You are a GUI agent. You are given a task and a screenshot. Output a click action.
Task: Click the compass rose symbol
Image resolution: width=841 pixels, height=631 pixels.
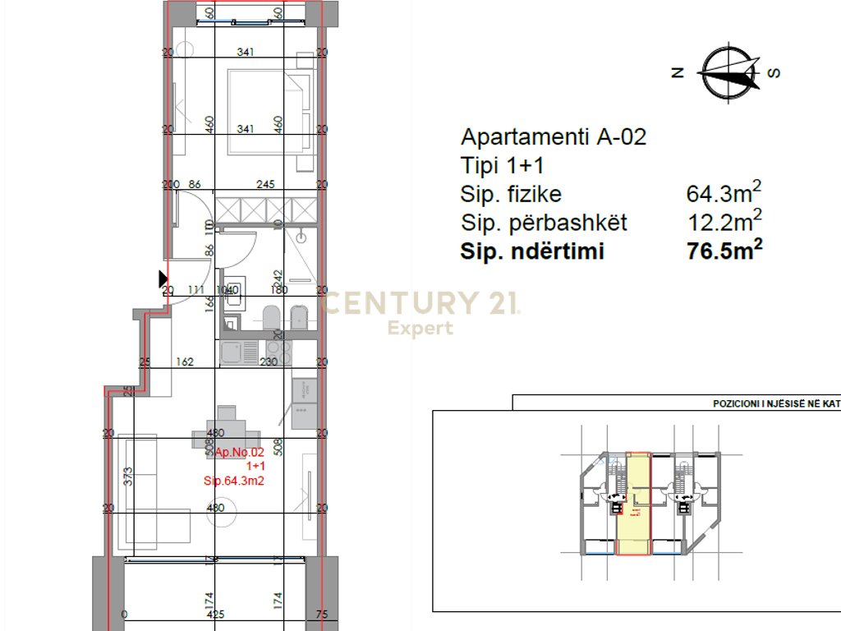pyautogui.click(x=728, y=72)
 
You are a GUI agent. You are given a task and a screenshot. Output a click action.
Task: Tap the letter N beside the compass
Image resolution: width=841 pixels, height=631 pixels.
pyautogui.click(x=678, y=72)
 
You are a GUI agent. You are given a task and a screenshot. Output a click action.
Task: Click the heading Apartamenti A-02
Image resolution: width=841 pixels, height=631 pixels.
pyautogui.click(x=554, y=136)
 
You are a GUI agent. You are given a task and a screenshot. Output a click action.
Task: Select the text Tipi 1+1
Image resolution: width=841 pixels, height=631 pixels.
pyautogui.click(x=503, y=165)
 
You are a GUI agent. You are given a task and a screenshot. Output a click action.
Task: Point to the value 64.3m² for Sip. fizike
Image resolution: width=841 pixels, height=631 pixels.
pyautogui.click(x=724, y=194)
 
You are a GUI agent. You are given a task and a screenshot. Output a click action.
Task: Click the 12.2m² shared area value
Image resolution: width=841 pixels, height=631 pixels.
pyautogui.click(x=724, y=222)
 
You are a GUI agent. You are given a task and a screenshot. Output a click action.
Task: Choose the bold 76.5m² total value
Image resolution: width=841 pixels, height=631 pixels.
pyautogui.click(x=724, y=251)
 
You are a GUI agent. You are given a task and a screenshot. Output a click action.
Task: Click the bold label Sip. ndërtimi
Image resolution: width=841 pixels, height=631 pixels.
pyautogui.click(x=532, y=251)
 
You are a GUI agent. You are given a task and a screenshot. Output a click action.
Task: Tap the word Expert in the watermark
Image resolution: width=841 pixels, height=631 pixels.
pyautogui.click(x=420, y=329)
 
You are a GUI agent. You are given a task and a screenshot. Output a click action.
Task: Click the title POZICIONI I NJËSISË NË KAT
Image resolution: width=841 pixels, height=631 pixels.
pyautogui.click(x=775, y=404)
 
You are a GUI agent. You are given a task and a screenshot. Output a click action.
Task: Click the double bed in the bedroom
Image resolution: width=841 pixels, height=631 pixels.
pyautogui.click(x=269, y=110)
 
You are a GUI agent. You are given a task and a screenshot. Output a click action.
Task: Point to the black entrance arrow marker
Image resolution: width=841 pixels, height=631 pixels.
pyautogui.click(x=163, y=279)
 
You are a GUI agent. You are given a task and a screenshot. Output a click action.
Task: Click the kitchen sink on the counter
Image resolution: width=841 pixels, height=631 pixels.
pyautogui.click(x=232, y=353)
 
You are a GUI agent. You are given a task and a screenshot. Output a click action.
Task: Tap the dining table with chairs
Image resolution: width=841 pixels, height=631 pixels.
pyautogui.click(x=227, y=431)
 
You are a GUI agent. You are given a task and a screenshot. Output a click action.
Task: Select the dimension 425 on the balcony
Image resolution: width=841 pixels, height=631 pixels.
pyautogui.click(x=216, y=614)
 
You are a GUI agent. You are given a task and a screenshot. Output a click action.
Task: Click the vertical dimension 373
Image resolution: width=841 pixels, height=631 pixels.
pyautogui.click(x=127, y=477)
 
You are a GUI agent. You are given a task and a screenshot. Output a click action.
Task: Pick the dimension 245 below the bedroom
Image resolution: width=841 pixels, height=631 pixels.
pyautogui.click(x=264, y=185)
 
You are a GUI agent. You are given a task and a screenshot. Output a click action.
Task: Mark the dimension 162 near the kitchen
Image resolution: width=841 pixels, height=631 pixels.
pyautogui.click(x=185, y=362)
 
